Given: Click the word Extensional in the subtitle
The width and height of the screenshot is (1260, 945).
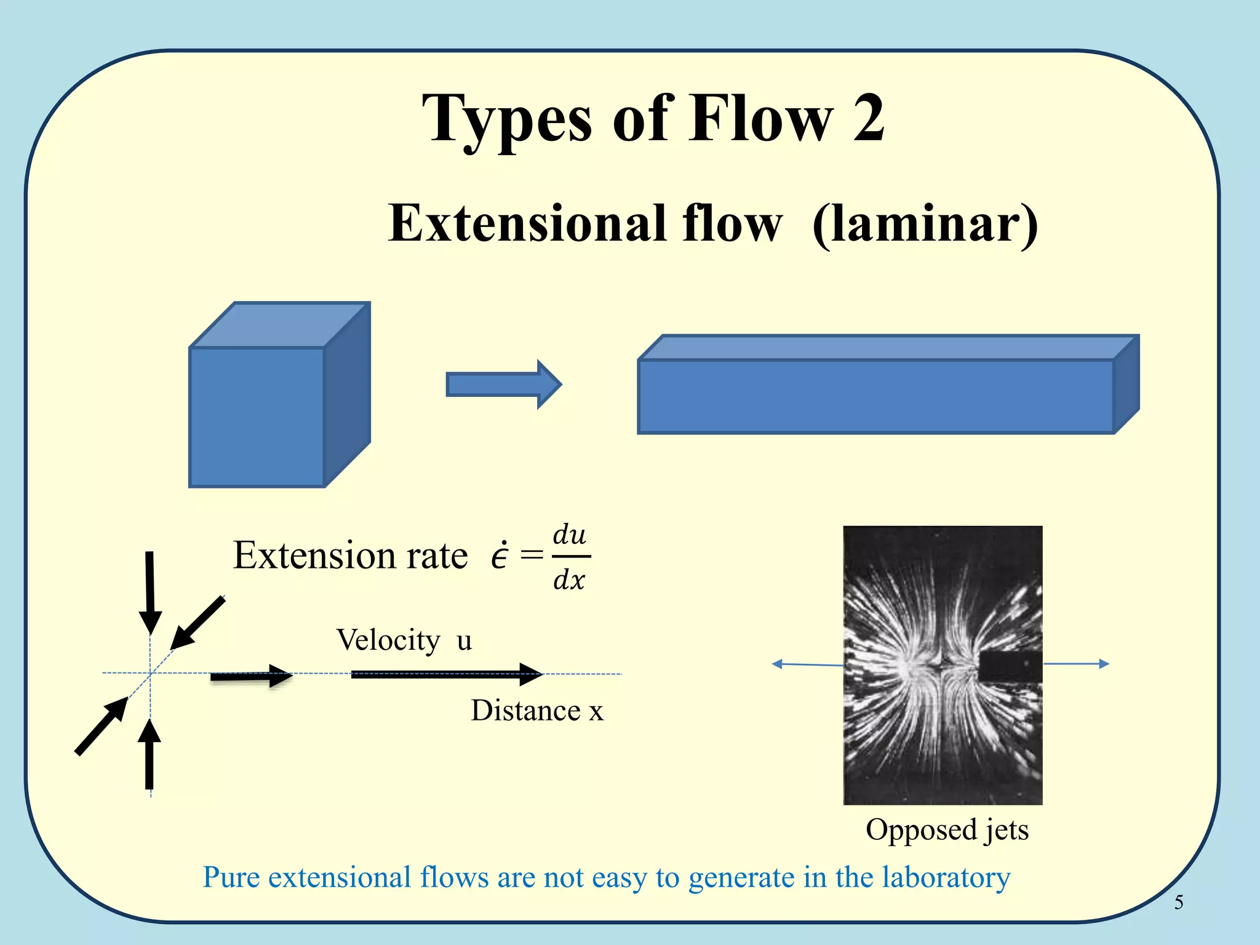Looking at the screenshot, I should click(x=528, y=223).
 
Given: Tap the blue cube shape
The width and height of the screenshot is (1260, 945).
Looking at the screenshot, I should click(x=257, y=417).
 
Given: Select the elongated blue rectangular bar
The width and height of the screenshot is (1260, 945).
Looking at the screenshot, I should click(x=875, y=396).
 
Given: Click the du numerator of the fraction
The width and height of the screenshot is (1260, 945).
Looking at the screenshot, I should click(x=569, y=535).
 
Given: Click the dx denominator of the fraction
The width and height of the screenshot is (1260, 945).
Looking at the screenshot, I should click(x=569, y=580).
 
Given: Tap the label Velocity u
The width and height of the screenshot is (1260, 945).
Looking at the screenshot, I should click(x=404, y=640).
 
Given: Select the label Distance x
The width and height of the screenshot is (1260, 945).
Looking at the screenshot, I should click(x=536, y=711).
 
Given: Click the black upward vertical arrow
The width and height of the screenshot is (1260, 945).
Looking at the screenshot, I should click(x=150, y=754).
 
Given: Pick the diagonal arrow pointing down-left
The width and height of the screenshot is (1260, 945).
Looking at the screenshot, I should click(x=197, y=623).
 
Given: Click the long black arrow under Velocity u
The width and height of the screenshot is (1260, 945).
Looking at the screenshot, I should click(x=446, y=674).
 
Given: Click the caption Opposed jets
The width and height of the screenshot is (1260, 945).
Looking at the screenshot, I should click(x=947, y=829).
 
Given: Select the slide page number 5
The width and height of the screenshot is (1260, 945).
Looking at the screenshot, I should click(x=1178, y=902).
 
